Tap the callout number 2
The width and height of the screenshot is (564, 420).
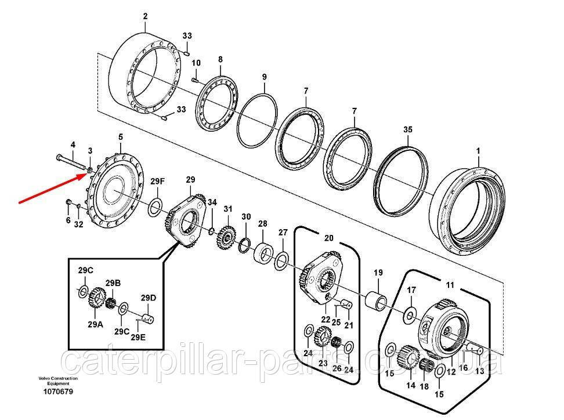point(145,16)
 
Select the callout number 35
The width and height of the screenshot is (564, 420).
point(407,131)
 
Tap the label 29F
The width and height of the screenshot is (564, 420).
point(158,182)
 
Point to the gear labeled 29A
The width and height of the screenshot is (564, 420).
point(96,300)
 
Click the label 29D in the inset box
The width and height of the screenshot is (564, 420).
point(149,298)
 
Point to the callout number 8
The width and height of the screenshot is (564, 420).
point(220,60)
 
